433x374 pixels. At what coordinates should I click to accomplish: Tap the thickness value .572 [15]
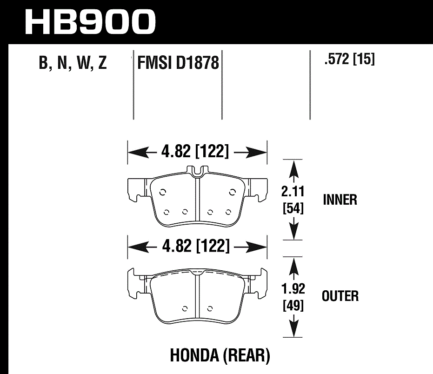[x=349, y=60]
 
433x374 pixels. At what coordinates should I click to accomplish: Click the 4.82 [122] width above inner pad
[x=195, y=152]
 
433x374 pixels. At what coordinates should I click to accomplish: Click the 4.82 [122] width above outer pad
[x=195, y=246]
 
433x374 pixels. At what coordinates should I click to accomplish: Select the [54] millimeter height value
[x=293, y=209]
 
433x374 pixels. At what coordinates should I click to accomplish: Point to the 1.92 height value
[x=293, y=289]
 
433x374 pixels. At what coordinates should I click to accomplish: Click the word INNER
[x=340, y=200]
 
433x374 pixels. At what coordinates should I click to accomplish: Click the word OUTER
[x=340, y=296]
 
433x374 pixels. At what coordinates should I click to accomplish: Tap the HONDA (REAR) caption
[x=220, y=356]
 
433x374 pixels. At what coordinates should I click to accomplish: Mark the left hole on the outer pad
[x=185, y=307]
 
